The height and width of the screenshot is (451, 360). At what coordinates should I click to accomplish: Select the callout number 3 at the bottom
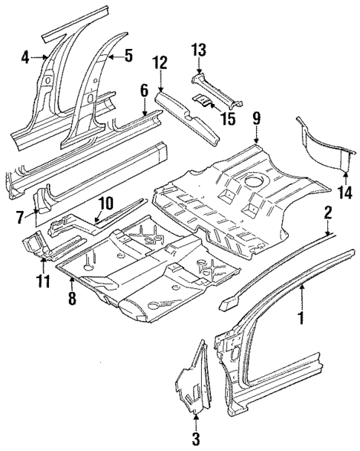196,439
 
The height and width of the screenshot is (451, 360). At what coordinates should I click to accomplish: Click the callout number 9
255,117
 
